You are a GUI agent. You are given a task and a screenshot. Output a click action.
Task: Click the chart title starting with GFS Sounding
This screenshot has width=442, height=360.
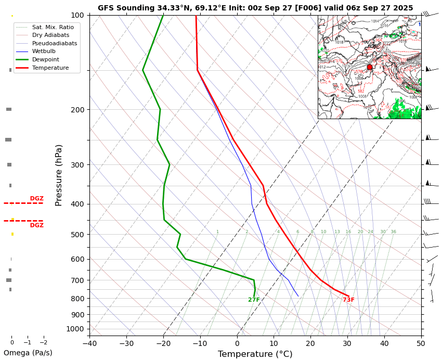[255, 8]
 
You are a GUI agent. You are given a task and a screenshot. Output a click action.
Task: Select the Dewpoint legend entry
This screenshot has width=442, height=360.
[50, 60]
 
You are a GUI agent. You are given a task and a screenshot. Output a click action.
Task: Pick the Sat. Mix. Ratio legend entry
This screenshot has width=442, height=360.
[53, 27]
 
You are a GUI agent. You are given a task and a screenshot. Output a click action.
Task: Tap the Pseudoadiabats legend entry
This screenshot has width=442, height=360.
[54, 43]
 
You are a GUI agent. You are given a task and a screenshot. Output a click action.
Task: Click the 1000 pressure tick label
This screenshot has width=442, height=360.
[75, 329]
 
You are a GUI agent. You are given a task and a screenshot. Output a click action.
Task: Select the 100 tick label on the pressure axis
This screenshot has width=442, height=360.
[78, 15]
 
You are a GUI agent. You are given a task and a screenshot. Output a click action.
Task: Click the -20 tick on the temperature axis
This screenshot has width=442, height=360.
[163, 343]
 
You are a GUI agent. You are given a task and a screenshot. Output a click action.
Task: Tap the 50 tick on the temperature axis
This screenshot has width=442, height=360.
[421, 343]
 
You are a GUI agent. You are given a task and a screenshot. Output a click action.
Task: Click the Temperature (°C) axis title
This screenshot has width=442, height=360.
[255, 354]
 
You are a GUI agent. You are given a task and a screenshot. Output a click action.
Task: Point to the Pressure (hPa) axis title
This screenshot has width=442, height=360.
[59, 175]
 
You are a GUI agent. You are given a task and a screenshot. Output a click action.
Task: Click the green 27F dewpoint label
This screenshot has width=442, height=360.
[254, 300]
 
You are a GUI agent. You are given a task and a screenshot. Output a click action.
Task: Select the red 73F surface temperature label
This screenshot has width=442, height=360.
[348, 300]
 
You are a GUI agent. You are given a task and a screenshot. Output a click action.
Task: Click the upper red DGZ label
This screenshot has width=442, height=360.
[36, 199]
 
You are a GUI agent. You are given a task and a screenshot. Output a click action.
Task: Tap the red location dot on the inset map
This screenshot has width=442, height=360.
[370, 67]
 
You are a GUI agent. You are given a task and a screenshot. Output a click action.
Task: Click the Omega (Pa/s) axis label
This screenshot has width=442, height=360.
[28, 353]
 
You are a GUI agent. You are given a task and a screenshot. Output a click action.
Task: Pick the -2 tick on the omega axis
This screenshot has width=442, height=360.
[44, 343]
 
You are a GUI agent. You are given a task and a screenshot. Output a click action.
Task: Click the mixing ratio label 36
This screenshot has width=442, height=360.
[393, 232]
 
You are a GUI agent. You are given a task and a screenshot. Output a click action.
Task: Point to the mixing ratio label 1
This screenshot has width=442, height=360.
[217, 232]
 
